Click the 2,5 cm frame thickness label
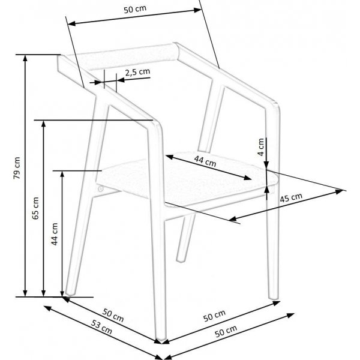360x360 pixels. coord(137,72)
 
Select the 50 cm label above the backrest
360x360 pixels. coord(134,10)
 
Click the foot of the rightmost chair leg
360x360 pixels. coord(274,298)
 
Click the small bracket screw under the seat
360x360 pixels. coord(100,189)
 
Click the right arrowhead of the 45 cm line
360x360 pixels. coord(343,191)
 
